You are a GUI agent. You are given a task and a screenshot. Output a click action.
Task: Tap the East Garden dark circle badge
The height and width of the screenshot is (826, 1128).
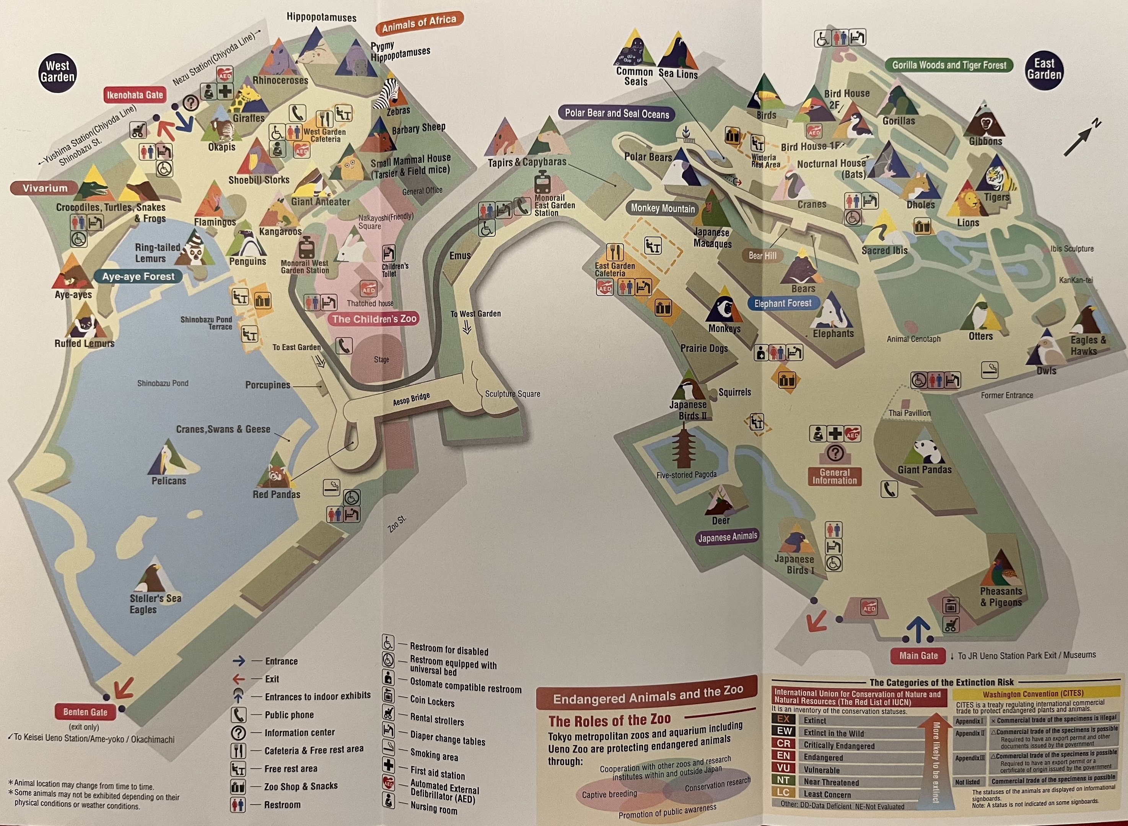(1044, 70)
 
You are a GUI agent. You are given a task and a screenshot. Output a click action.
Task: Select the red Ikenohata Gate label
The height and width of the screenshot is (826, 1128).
(135, 95)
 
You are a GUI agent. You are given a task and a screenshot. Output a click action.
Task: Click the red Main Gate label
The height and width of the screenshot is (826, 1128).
(918, 655)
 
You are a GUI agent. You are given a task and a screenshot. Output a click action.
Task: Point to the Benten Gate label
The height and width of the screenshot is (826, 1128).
(85, 712)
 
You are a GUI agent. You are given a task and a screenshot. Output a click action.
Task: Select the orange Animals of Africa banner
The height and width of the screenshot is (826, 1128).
(419, 23)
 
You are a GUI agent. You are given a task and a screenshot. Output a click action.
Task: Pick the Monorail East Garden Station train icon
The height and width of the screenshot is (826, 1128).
(542, 182)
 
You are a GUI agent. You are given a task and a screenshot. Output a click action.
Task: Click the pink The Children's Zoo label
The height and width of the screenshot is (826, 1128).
(374, 319)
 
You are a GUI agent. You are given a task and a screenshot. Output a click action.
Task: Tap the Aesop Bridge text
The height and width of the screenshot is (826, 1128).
(411, 399)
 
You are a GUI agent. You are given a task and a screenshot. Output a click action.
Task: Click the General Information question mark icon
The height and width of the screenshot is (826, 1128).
(835, 453)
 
